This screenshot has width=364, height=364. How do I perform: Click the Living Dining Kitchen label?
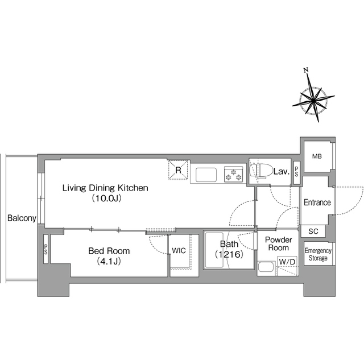point(105,188)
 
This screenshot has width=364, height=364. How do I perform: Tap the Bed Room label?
point(109,251)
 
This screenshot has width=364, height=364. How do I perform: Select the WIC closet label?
point(179,250)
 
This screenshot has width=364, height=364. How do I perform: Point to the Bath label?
point(229,244)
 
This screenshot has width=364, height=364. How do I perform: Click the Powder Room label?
point(278,243)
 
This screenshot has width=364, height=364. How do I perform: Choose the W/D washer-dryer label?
point(287,262)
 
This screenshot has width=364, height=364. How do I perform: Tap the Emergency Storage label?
point(318,254)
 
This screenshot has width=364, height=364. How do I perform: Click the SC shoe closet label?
point(313,231)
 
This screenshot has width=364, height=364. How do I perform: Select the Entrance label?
point(317,202)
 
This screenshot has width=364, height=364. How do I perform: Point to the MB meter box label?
point(317,156)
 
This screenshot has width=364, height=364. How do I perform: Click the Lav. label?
point(282,172)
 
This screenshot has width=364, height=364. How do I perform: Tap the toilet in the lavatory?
point(261,171)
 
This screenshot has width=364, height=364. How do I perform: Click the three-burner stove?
point(233,174)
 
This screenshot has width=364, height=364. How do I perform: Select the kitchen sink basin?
point(206,175)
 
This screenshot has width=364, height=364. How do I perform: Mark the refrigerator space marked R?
point(178,170)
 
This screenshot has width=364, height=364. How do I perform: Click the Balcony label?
point(22,218)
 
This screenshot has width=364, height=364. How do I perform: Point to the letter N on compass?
point(306,70)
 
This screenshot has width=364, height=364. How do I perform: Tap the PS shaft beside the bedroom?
point(45,249)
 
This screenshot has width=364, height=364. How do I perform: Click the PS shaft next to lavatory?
point(296,173)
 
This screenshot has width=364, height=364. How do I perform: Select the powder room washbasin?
point(267,267)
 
